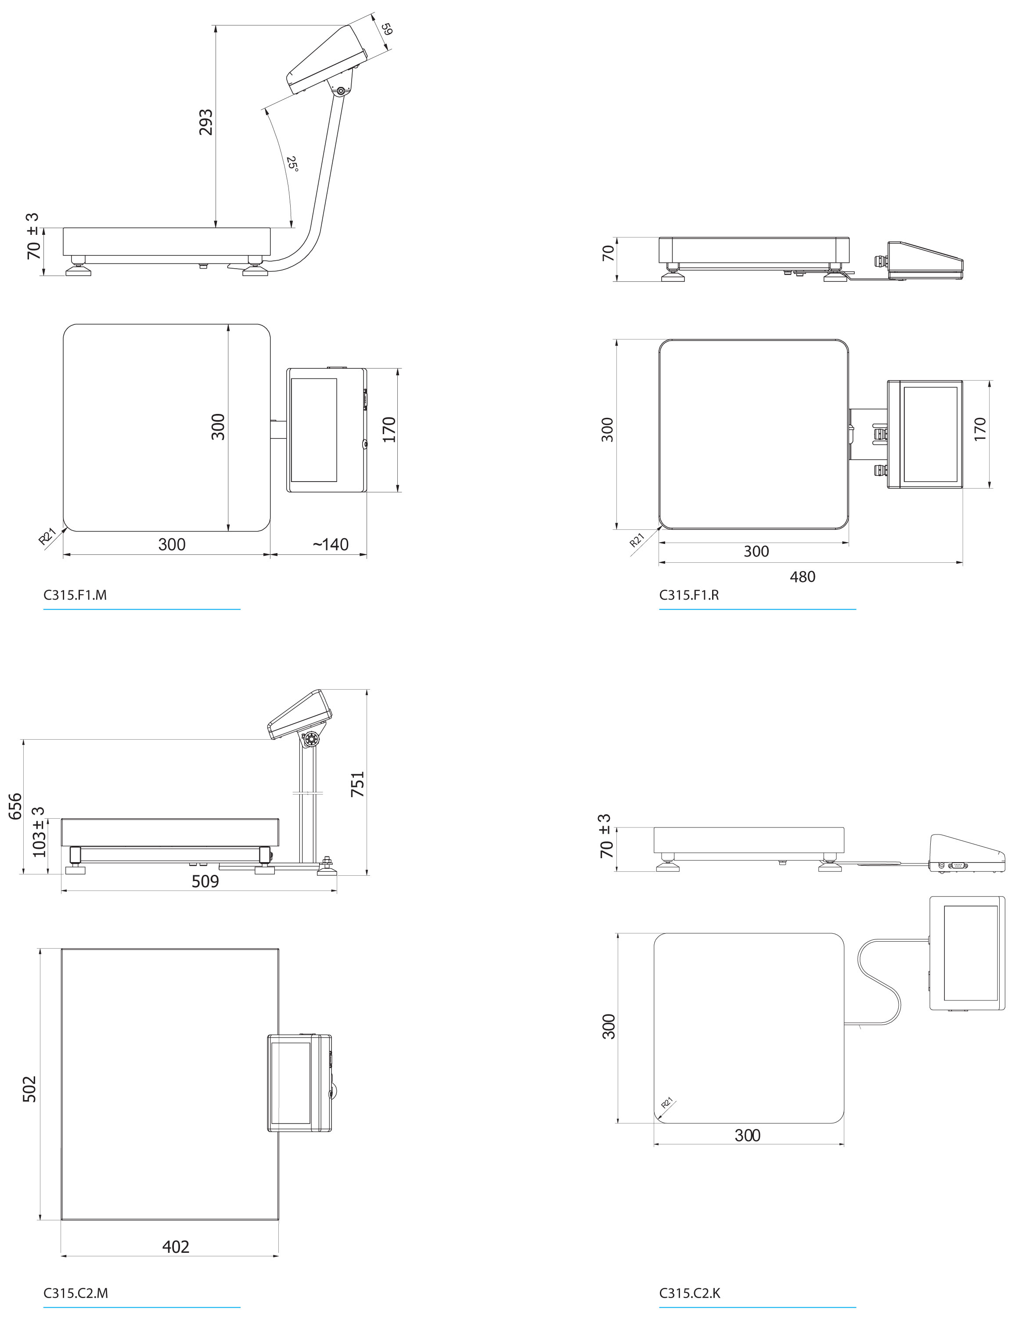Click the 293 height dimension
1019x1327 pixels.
point(206,122)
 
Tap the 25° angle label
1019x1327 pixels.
point(292,164)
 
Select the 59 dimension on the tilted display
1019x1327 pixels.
point(386,29)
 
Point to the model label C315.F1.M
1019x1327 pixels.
point(75,595)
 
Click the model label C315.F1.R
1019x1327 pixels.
point(689,595)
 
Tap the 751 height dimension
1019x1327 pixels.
point(358,784)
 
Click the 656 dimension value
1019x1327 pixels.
point(15,806)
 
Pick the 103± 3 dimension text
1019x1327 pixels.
point(39,832)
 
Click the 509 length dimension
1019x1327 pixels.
point(205,881)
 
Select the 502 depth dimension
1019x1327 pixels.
point(29,1089)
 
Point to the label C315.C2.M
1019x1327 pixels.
point(75,1292)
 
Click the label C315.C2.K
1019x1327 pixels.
point(690,1292)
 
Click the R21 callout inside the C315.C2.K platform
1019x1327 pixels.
point(667,1103)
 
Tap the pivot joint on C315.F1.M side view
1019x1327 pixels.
point(341,91)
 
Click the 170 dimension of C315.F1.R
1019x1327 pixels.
point(979,429)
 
